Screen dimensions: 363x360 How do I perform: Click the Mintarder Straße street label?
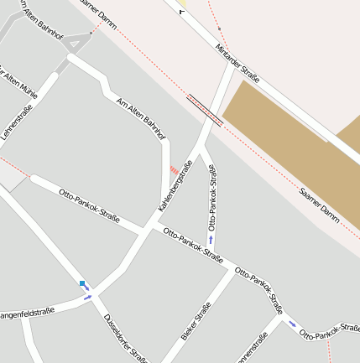pyautogui.click(x=237, y=62)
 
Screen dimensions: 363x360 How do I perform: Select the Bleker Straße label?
pyautogui.click(x=196, y=322)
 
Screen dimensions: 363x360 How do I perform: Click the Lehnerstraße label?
pyautogui.click(x=16, y=122)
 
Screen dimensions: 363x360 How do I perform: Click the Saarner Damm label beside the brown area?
pyautogui.click(x=320, y=205)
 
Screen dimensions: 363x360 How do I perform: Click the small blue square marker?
pyautogui.click(x=82, y=284)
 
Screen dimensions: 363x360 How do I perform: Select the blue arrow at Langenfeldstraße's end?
pyautogui.click(x=87, y=297)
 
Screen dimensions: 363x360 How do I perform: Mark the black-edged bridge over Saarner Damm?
pyautogui.click(x=205, y=110)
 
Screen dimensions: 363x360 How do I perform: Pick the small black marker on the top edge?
pyautogui.click(x=180, y=11)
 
